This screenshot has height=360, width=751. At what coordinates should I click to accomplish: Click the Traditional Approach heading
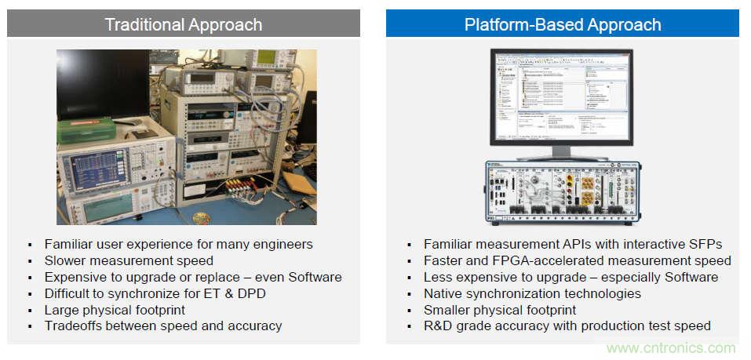tap(184, 24)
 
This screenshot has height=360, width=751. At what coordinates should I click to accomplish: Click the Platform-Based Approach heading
tap(563, 24)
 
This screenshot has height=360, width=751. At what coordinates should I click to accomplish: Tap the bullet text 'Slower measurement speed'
tap(129, 260)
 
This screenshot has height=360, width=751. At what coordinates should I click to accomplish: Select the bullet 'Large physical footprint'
tap(115, 310)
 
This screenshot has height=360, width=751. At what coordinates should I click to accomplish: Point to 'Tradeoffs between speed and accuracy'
tap(163, 325)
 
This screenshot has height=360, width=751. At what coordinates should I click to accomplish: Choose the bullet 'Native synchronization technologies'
tap(532, 293)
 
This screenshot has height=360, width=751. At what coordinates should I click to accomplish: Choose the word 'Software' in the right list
tap(691, 277)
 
